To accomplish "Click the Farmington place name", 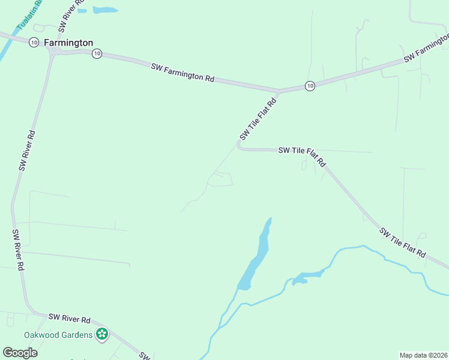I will [x=68, y=43].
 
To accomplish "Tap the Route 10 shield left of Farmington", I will [x=34, y=42].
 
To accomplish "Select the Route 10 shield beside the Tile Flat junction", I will [x=309, y=86].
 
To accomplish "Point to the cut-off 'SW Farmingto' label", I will [x=427, y=47].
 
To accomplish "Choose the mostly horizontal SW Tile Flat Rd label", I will [x=302, y=155].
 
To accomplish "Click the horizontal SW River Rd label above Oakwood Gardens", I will [x=69, y=317].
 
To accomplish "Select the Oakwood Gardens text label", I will [x=58, y=334].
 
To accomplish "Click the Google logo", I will [x=20, y=352].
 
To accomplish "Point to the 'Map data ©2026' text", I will [x=423, y=355].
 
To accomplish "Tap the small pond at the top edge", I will [x=106, y=10].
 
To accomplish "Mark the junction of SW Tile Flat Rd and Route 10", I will [x=279, y=91].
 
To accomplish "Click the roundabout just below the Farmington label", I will [x=52, y=53].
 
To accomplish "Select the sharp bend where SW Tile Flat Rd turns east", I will [x=239, y=145].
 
